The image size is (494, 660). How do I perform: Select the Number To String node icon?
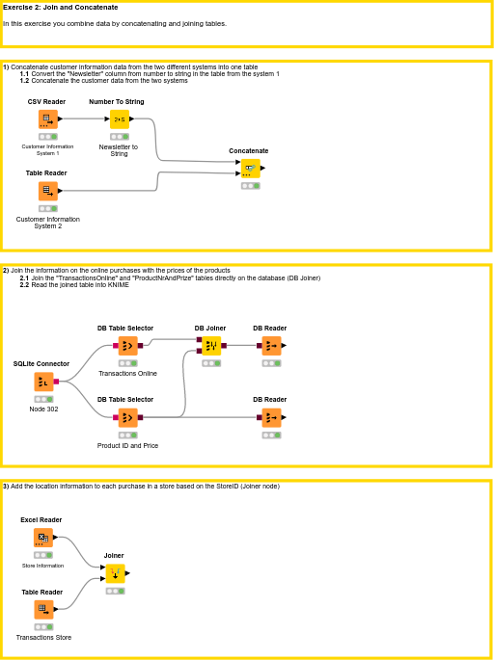click(x=119, y=119)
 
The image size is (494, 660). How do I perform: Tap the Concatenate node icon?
click(x=250, y=169)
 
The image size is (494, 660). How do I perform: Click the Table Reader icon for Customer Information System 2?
click(x=47, y=191)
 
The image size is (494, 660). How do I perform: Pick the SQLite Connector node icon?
click(x=43, y=382)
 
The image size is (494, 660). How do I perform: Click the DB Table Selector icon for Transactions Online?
click(x=127, y=345)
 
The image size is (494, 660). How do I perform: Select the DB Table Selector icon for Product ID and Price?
click(x=127, y=417)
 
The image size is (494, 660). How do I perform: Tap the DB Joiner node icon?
click(x=211, y=345)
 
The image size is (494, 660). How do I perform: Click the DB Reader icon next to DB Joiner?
click(x=271, y=345)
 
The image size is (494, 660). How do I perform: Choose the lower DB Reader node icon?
click(x=271, y=417)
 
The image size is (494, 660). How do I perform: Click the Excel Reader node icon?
click(x=43, y=538)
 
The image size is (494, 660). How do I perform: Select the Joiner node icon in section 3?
click(x=115, y=573)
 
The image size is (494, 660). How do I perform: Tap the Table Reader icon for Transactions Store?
click(x=43, y=609)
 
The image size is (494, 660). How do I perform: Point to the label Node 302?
click(x=43, y=409)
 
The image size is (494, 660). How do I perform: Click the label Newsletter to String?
click(x=119, y=149)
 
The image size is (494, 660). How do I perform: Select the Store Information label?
click(x=43, y=566)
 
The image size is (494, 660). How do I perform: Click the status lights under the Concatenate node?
click(x=250, y=186)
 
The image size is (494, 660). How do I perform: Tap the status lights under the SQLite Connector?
click(x=43, y=399)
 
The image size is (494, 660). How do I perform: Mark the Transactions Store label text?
click(x=43, y=638)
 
